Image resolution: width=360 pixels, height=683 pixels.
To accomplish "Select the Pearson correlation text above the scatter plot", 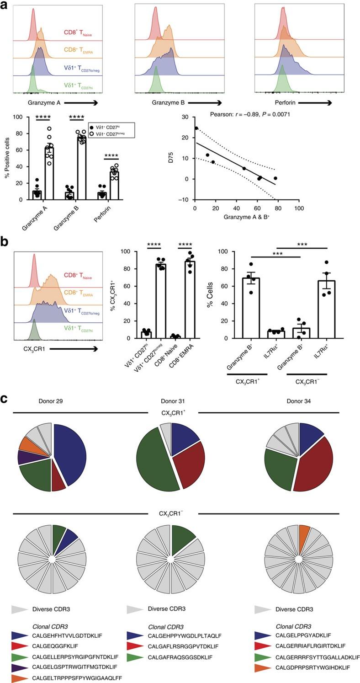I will (249, 115).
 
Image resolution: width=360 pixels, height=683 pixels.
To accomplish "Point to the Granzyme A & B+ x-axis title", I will (247, 218).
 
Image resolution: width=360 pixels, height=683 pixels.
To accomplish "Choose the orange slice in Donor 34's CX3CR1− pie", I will (304, 534).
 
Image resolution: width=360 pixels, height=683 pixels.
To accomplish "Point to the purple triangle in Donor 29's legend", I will (21, 667).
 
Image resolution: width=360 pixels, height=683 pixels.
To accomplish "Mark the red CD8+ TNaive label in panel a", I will (79, 33).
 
